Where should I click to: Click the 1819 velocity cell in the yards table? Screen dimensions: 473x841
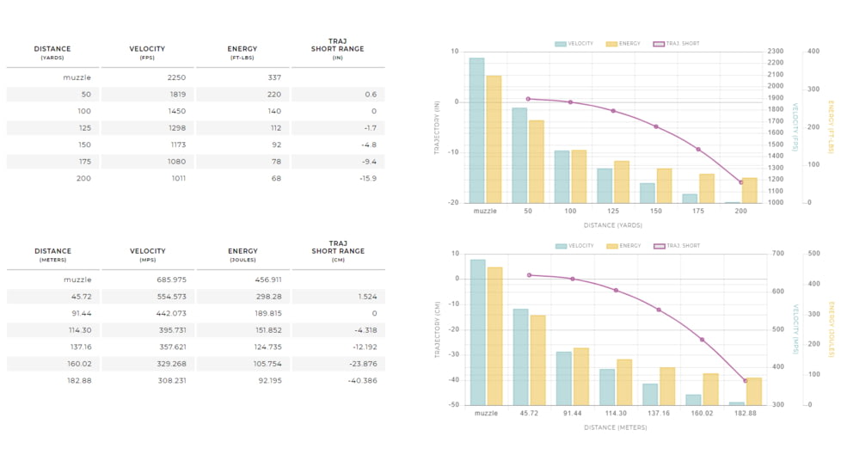pos(176,95)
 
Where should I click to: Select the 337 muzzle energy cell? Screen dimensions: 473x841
pos(274,77)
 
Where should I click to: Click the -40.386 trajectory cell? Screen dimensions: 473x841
pos(362,380)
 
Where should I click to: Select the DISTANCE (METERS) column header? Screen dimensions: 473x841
pos(52,255)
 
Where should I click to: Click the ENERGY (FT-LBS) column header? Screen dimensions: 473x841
pos(242,52)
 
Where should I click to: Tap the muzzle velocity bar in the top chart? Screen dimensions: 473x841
pos(476,131)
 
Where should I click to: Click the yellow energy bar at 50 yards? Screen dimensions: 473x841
pos(537,162)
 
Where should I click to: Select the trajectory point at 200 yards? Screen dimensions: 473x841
pos(741,182)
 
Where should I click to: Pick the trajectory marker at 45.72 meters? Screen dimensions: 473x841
pos(529,275)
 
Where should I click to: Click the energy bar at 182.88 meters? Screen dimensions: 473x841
pos(754,391)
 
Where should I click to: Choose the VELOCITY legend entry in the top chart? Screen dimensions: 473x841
pos(574,44)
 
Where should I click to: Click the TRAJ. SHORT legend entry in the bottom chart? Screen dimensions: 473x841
pos(678,246)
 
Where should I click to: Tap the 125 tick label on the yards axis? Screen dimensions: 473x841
pos(613,211)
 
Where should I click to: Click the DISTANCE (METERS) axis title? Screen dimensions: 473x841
pos(616,427)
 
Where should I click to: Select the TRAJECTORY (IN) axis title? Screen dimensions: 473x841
pos(437,127)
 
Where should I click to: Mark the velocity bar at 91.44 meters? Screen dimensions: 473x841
pos(564,378)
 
